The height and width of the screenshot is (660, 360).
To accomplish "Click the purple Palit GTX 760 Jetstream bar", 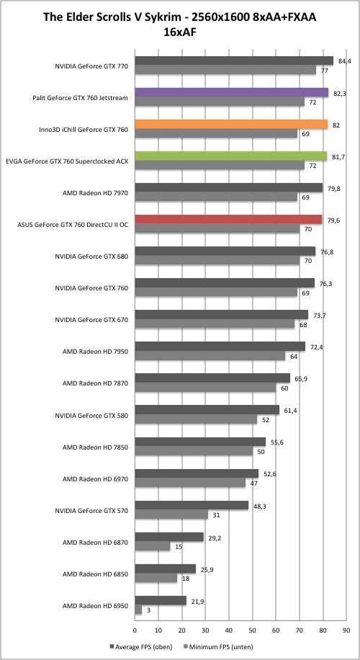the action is pos(232,93).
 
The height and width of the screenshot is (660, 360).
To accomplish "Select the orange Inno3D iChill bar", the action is pos(231,124).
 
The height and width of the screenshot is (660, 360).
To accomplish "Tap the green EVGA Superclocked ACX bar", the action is pos(231,156).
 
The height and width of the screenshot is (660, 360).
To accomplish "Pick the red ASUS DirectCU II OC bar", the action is pos(228,220).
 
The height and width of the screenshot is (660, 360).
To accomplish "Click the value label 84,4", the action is pos(344,61).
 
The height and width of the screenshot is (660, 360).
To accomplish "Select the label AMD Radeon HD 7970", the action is pos(95,193).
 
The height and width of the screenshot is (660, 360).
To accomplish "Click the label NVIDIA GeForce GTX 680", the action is pos(91,257).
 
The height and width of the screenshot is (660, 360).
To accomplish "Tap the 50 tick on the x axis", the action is pos(252,630).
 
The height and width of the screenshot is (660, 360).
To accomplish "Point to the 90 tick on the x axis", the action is pos(346,630).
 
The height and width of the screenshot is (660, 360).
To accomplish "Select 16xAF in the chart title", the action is pos(180,32).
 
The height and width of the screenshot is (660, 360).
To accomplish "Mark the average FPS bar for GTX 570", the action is pos(192,506).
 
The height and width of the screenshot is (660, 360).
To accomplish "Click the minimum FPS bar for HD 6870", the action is pos(153,546).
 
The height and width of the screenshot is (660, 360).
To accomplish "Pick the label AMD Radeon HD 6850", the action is pos(95,574).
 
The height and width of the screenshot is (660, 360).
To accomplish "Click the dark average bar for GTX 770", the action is pos(234,61).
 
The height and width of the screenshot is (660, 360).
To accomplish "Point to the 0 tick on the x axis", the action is pos(135,630).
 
